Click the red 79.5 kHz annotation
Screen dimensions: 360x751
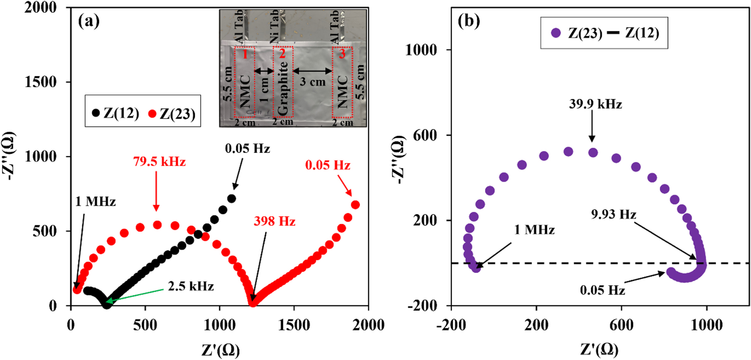point(159,162)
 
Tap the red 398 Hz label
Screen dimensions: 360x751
point(274,221)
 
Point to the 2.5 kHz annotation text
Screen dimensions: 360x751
point(191,286)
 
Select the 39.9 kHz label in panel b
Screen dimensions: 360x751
point(595,104)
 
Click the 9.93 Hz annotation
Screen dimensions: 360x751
point(614,214)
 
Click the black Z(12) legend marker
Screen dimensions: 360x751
point(96,113)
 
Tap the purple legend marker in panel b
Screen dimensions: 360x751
point(556,33)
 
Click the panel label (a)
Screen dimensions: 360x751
point(89,21)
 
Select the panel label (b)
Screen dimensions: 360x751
point(469,21)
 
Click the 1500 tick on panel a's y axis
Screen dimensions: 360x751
point(40,82)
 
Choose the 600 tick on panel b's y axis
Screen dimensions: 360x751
point(425,135)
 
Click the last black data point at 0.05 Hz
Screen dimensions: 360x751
point(231,198)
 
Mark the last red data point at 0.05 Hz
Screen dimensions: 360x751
point(355,205)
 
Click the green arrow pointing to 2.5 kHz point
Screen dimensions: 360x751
point(136,295)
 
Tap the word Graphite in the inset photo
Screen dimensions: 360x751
point(283,88)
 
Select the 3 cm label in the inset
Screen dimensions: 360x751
point(312,82)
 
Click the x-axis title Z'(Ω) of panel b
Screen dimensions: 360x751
point(599,350)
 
